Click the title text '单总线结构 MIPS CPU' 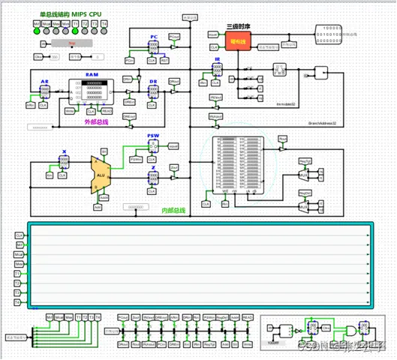pos(71,14)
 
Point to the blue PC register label pos(153,36)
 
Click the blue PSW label pos(152,136)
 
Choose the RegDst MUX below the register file pos(304,203)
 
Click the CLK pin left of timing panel pos(19,235)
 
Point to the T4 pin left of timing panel pos(19,303)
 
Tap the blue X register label pos(64,151)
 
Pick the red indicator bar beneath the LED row pos(72,43)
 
